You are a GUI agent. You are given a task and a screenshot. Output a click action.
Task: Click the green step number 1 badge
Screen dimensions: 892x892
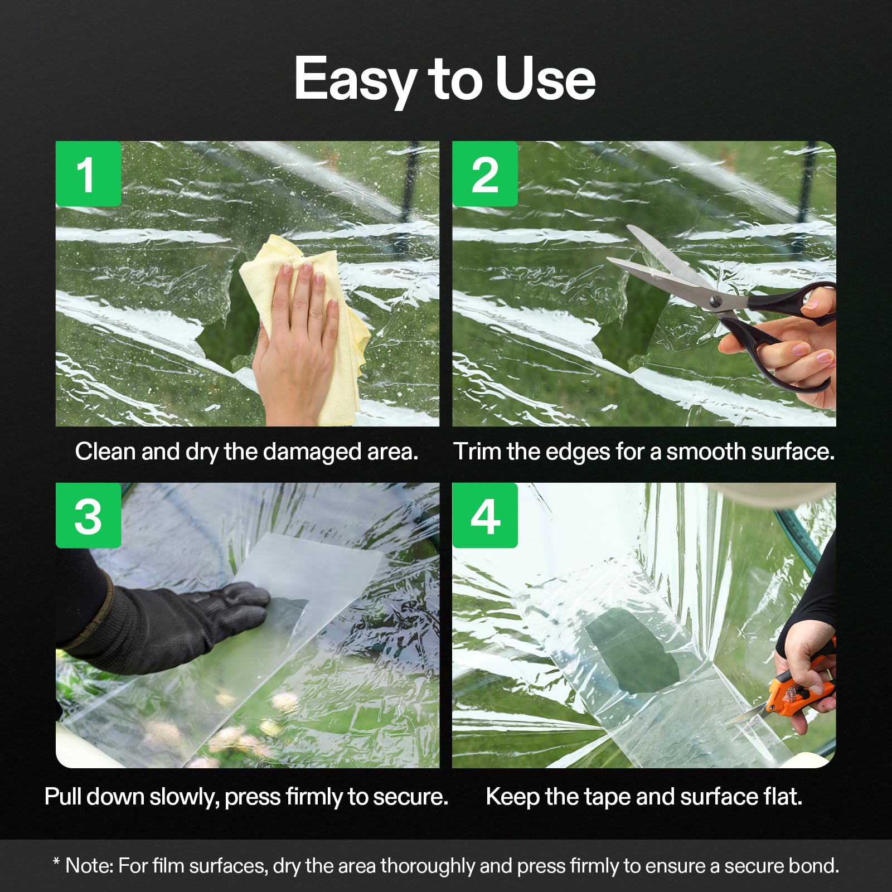(x=88, y=174)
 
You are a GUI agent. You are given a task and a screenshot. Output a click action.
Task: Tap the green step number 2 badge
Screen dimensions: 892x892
(x=484, y=174)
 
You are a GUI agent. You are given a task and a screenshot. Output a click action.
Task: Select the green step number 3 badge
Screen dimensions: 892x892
(x=88, y=516)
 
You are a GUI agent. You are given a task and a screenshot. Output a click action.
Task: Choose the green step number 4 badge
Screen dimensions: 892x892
(x=484, y=516)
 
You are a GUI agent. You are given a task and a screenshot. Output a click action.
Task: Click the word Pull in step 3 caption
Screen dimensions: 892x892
(x=63, y=797)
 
